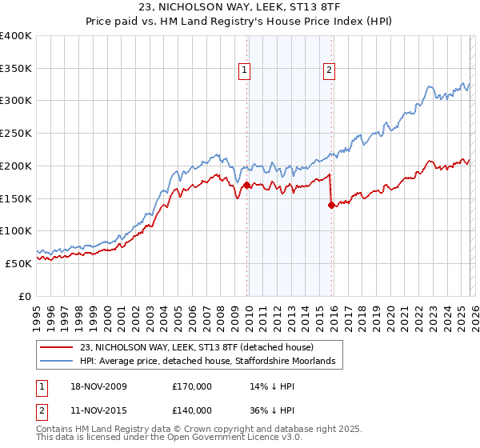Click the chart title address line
tap(240, 8)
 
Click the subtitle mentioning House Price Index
tap(240, 22)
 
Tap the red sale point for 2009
tap(246, 186)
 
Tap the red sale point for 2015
tap(331, 205)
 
